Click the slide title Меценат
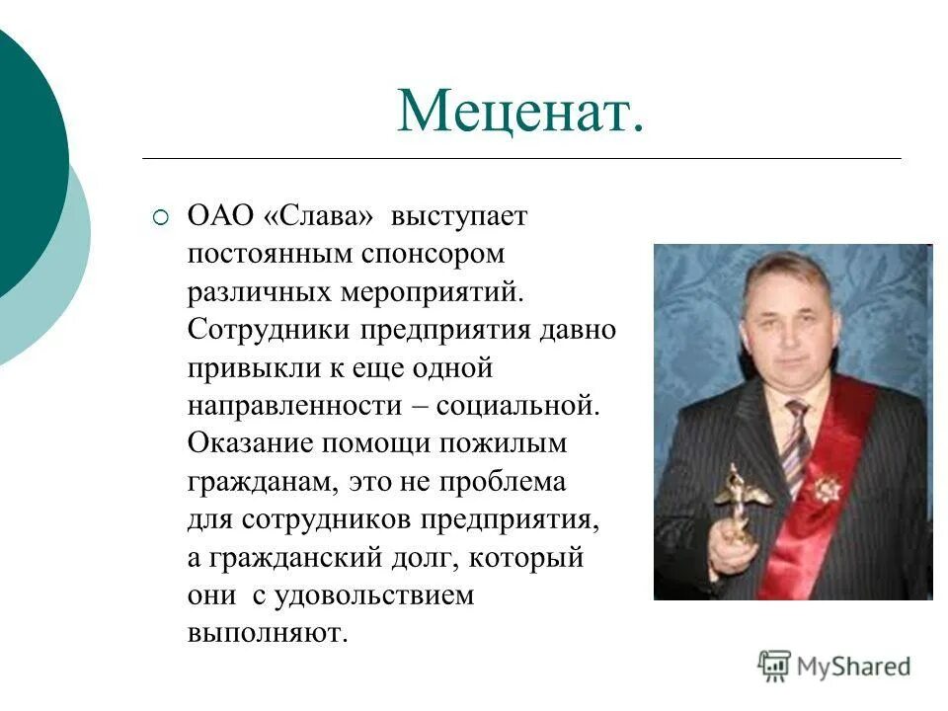520,112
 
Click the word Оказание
247,442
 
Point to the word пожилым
511,442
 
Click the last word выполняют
268,633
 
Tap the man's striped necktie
795,444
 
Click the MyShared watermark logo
834,667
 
